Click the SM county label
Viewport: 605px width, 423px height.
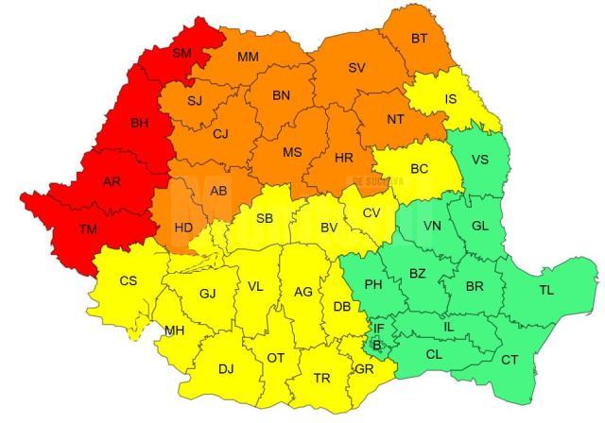click(182, 53)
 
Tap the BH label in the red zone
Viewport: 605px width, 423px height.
click(139, 123)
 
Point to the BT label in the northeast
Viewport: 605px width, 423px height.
click(420, 39)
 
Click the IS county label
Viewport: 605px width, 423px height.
click(452, 98)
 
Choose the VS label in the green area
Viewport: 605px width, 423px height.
click(480, 159)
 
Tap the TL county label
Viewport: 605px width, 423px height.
click(546, 290)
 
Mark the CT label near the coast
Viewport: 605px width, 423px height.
click(510, 360)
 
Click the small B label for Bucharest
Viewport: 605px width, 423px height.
click(377, 346)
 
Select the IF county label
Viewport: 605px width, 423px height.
click(378, 329)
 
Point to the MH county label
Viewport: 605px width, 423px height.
click(175, 330)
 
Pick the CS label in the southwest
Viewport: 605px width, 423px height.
click(128, 280)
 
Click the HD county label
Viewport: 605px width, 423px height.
click(185, 227)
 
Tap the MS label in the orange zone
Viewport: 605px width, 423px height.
click(294, 152)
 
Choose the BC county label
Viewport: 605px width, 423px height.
click(421, 169)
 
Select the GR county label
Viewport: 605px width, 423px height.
click(363, 368)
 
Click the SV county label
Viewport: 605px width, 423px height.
click(356, 68)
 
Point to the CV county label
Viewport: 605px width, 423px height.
click(372, 212)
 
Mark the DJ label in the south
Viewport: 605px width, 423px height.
click(226, 368)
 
